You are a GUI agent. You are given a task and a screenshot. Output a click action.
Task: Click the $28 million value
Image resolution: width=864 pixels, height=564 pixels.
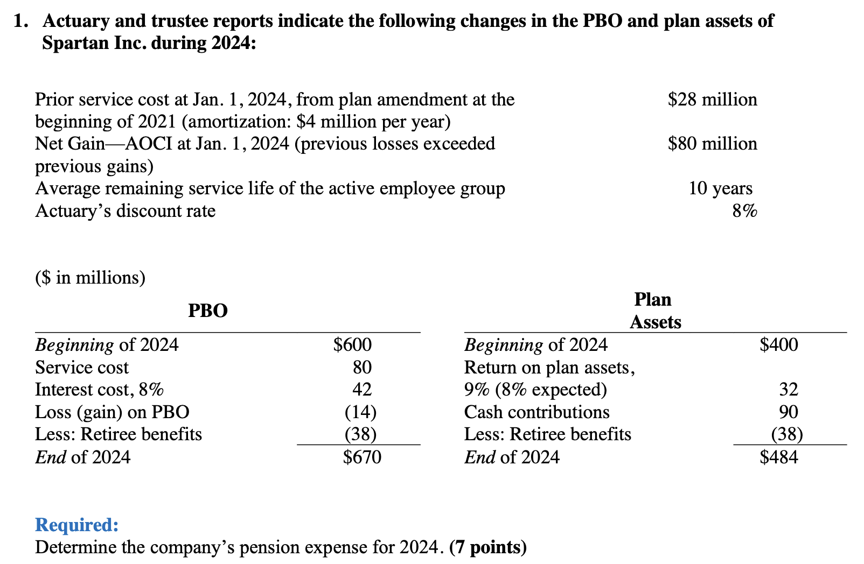[x=712, y=100]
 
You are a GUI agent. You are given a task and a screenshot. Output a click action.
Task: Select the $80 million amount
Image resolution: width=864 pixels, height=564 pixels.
[x=712, y=144]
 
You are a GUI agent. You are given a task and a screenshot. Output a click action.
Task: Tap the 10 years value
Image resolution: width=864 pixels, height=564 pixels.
[x=720, y=188]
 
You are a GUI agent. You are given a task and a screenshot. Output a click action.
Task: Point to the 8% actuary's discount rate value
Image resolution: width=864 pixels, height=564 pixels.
[x=744, y=211]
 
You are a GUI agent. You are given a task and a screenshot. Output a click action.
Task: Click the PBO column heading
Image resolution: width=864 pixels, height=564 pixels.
[x=208, y=311]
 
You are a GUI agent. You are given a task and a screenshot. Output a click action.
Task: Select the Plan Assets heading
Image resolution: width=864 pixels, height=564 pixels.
[x=655, y=311]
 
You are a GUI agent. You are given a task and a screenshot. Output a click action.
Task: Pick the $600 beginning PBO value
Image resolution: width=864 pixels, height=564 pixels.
[x=352, y=345]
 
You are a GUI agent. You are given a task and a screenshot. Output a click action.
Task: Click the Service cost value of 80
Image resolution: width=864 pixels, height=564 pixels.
[x=362, y=368]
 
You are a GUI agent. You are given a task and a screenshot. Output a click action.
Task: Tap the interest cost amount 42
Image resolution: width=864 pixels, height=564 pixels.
[x=362, y=390]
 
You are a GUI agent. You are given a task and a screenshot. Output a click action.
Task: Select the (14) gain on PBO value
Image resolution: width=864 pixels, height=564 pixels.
[x=360, y=412]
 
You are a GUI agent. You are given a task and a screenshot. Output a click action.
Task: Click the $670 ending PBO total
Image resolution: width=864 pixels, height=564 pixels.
[x=362, y=457]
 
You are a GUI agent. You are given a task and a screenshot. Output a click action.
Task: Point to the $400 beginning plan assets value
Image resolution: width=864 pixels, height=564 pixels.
[x=779, y=345]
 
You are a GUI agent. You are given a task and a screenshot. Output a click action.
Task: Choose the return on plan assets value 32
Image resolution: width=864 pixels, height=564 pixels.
[x=789, y=390]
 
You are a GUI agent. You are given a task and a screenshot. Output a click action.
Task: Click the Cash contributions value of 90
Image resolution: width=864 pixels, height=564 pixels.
[x=789, y=412]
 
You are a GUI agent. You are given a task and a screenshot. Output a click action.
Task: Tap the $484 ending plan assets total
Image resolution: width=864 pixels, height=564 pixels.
[x=779, y=457]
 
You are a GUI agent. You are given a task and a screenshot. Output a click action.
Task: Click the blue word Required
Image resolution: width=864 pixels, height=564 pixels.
[x=76, y=525]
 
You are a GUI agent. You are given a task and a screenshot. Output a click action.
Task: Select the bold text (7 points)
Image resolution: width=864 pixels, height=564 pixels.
[x=487, y=547]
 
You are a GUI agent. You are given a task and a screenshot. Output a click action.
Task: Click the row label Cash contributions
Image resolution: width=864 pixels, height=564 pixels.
[x=536, y=412]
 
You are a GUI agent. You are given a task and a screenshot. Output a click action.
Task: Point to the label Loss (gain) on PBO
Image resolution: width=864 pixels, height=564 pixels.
[x=112, y=412]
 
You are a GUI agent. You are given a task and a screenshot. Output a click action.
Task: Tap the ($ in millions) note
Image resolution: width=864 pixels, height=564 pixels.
[x=90, y=278]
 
